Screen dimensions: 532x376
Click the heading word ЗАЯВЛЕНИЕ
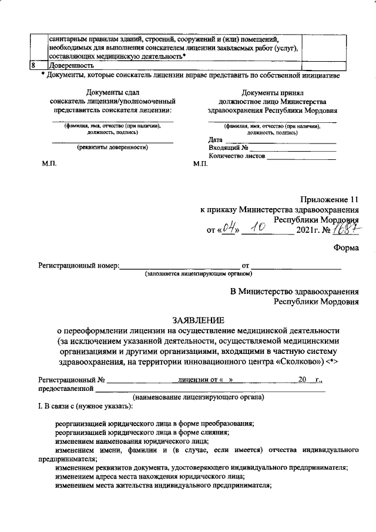[x=197, y=320]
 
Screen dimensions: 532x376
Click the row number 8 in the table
[x=34, y=66]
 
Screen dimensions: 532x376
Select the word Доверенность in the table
[x=71, y=66]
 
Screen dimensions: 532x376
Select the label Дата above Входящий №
[x=216, y=140]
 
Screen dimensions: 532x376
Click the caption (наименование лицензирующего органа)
[x=198, y=397]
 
